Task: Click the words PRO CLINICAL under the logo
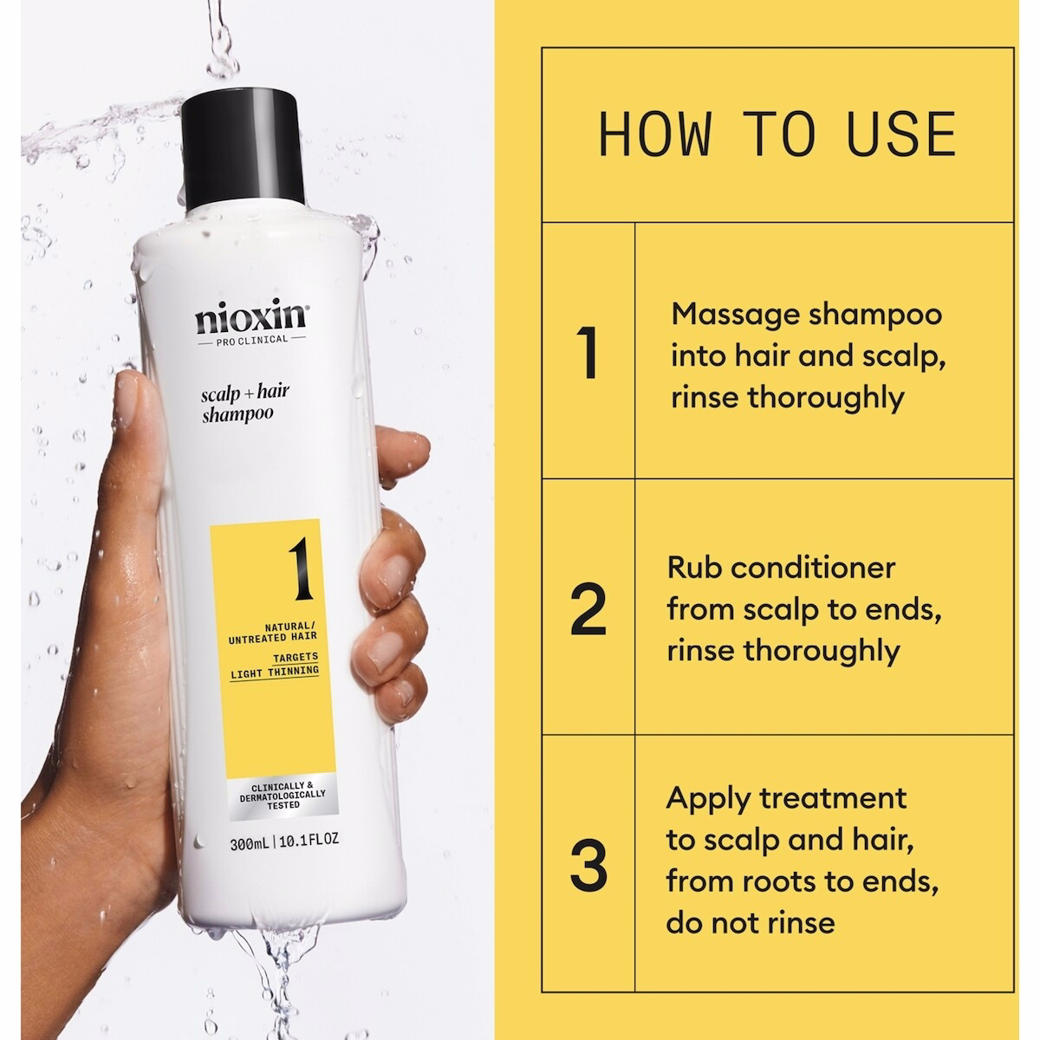click(x=251, y=339)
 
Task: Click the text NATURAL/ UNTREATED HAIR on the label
click(x=272, y=632)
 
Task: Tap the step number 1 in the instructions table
click(x=587, y=353)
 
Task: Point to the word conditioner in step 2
click(x=813, y=569)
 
